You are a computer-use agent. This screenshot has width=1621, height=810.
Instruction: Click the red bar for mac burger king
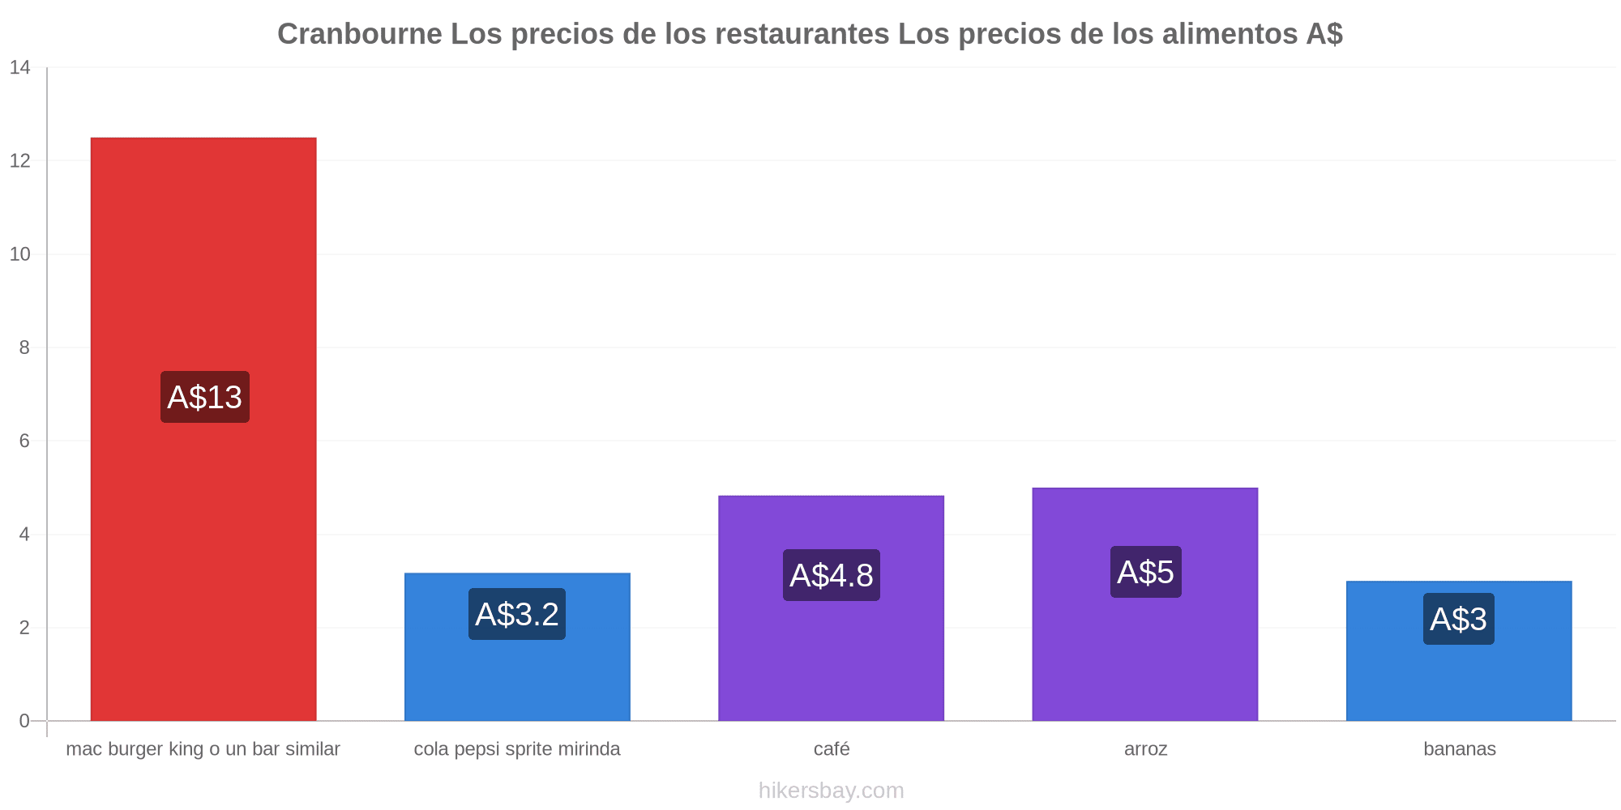pyautogui.click(x=203, y=429)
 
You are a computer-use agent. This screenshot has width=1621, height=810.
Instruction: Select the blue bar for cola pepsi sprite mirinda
pyautogui.click(x=517, y=647)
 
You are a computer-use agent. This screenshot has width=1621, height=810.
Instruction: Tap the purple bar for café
pyautogui.click(x=831, y=608)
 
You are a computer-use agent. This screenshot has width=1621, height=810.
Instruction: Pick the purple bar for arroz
pyautogui.click(x=1145, y=604)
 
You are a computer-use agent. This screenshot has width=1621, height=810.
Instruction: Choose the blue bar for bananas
pyautogui.click(x=1459, y=651)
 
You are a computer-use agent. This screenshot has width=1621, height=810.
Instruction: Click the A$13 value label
pyautogui.click(x=205, y=397)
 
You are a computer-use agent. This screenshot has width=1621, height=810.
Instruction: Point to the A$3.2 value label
pyautogui.click(x=517, y=614)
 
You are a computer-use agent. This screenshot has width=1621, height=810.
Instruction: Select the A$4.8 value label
pyautogui.click(x=832, y=575)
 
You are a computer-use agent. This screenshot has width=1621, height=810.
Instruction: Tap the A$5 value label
pyautogui.click(x=1146, y=572)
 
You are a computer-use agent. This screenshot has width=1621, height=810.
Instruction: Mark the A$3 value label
pyautogui.click(x=1459, y=619)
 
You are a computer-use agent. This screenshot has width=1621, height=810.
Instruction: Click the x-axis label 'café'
pyautogui.click(x=832, y=748)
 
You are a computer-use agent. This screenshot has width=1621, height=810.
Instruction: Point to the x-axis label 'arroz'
pyautogui.click(x=1146, y=749)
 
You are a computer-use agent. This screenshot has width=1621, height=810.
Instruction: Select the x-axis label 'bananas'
pyautogui.click(x=1460, y=748)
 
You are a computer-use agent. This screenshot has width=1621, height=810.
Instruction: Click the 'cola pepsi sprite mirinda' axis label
pyautogui.click(x=517, y=749)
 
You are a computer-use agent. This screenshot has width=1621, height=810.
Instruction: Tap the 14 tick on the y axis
pyautogui.click(x=20, y=68)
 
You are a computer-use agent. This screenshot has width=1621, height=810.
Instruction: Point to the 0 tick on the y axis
pyautogui.click(x=24, y=721)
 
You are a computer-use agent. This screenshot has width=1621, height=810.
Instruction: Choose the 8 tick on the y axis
pyautogui.click(x=24, y=347)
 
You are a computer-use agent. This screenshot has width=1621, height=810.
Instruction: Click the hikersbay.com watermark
pyautogui.click(x=832, y=790)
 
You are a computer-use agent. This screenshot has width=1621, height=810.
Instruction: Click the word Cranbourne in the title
pyautogui.click(x=360, y=34)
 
